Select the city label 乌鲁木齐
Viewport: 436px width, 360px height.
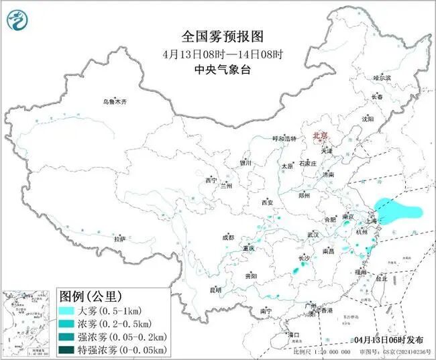[115, 101]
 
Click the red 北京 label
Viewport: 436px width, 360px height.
[321, 136]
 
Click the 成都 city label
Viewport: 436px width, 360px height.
[228, 237]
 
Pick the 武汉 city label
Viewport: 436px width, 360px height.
[313, 235]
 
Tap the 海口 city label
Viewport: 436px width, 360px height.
[292, 335]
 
